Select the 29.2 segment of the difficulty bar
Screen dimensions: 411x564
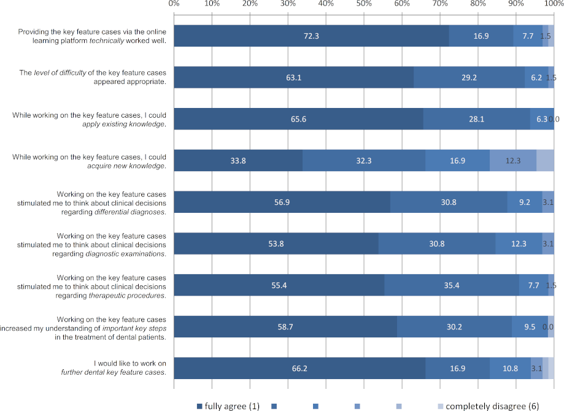(x=469, y=78)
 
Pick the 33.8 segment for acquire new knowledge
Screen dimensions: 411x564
(x=238, y=161)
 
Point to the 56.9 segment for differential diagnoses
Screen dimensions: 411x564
(x=282, y=202)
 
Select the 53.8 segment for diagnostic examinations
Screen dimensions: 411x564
(x=276, y=244)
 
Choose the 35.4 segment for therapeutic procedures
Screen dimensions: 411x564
(x=452, y=285)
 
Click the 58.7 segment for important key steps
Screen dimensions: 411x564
(x=285, y=326)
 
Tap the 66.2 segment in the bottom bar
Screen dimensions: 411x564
(x=299, y=368)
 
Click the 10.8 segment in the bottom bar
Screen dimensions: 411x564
(x=510, y=368)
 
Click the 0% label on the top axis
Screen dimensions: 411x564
(x=174, y=4)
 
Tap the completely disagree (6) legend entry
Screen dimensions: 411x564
(x=487, y=406)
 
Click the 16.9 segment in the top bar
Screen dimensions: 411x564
(x=481, y=36)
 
